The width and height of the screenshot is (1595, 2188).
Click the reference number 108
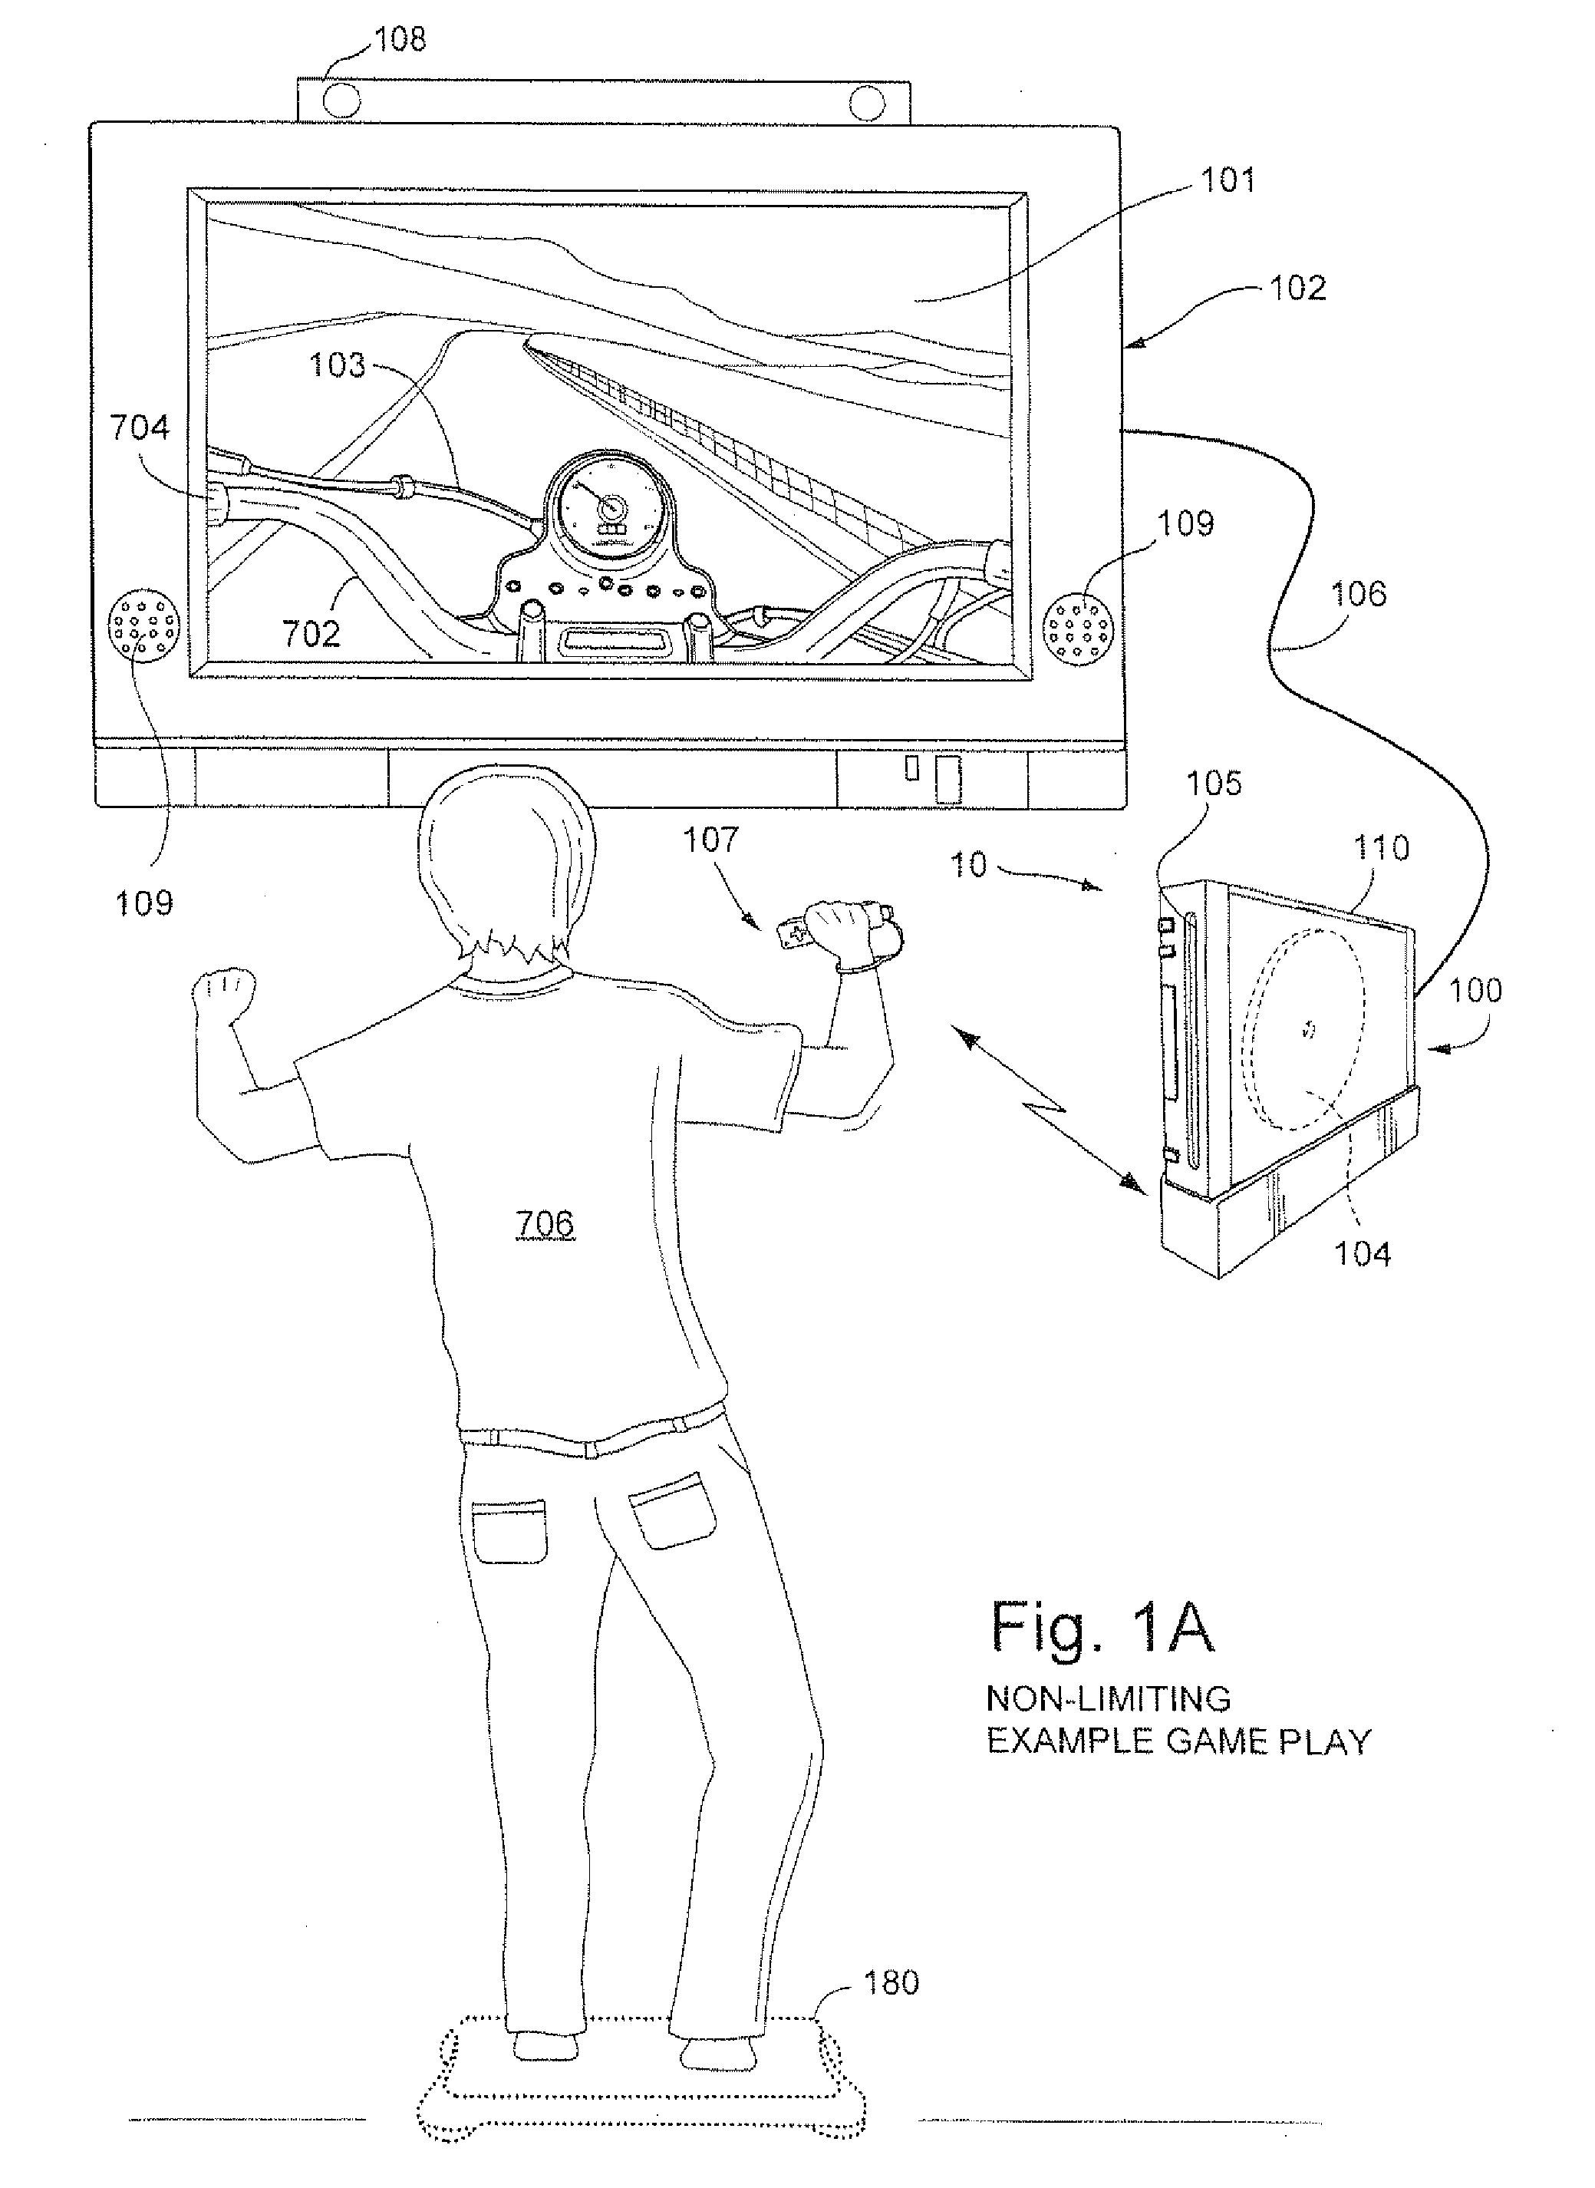click(x=400, y=40)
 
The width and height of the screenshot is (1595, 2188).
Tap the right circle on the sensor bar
click(x=868, y=101)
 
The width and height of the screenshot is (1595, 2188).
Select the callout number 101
click(x=1228, y=180)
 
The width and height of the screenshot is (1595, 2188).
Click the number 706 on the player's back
click(x=545, y=1224)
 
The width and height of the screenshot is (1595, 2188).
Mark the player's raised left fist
click(x=224, y=994)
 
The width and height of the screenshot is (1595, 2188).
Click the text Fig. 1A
click(x=1102, y=1627)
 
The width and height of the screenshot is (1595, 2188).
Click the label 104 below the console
click(x=1363, y=1253)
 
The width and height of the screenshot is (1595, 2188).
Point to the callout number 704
click(x=140, y=427)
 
